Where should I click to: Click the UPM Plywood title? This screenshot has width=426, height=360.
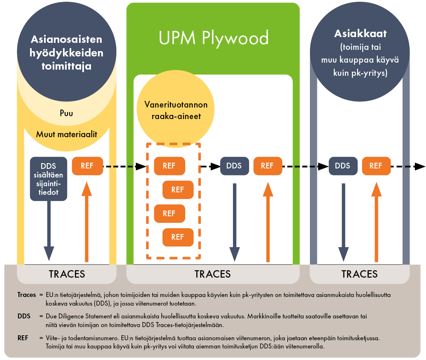coord(213,38)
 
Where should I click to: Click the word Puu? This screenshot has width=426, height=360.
coord(66,113)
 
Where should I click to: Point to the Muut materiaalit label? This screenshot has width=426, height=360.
coord(66,134)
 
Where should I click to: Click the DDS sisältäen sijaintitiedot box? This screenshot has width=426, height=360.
coord(49,179)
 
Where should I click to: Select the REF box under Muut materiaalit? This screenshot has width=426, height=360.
coord(87,166)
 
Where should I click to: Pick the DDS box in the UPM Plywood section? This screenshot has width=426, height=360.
coord(234,166)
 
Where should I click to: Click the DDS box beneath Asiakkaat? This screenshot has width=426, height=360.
coord(342,166)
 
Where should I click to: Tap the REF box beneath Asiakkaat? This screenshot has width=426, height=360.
coord(376,166)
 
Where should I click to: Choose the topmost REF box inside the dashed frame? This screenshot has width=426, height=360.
coord(169,166)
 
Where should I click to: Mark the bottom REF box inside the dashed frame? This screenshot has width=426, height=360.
coord(178,237)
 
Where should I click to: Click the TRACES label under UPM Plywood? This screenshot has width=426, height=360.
coord(212,274)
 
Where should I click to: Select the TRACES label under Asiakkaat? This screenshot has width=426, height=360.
coord(359,274)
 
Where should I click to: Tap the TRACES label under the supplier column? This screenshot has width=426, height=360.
coord(67,274)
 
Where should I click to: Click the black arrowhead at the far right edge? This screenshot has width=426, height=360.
coord(419,166)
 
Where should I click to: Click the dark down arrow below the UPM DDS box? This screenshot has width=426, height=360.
coord(235,222)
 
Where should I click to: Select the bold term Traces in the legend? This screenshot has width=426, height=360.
coord(24,295)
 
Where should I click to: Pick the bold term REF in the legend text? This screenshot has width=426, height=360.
coord(23,338)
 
